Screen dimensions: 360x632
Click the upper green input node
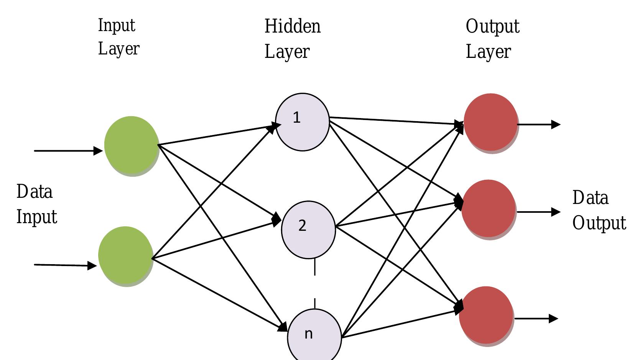(131, 146)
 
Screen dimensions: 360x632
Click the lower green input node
(125, 256)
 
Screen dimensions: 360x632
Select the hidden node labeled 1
(302, 122)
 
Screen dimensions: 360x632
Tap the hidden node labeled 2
(308, 230)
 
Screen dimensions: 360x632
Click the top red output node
(490, 123)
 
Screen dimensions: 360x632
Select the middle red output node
(488, 209)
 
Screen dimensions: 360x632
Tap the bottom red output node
(486, 316)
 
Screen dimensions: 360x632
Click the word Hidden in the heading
(292, 26)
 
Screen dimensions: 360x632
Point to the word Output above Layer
(492, 26)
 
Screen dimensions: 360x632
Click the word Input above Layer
(117, 26)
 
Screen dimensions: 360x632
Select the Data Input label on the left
(36, 204)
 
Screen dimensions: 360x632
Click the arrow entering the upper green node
(68, 151)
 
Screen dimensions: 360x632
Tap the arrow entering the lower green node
(65, 265)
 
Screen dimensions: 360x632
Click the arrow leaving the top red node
(539, 124)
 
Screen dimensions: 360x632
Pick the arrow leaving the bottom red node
(536, 318)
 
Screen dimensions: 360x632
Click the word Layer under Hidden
(286, 52)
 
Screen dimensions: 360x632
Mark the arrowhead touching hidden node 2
(276, 220)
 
